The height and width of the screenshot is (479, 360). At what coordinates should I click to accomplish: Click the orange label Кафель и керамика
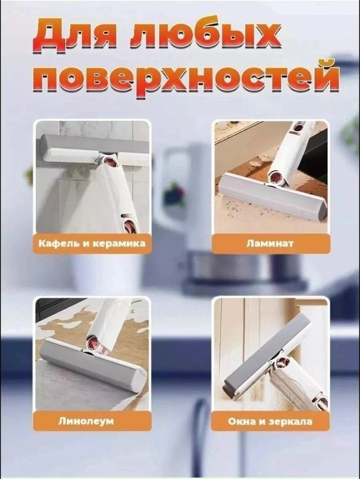tap(92, 243)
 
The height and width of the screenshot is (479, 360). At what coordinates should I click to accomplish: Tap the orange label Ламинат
tap(271, 243)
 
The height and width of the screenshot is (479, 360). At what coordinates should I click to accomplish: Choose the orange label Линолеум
tap(92, 421)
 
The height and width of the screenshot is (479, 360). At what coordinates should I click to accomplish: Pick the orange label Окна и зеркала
tap(270, 421)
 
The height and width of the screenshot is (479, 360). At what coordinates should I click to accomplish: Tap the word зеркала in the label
tap(290, 421)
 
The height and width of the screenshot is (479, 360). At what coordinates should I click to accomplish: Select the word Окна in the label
tap(245, 421)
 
